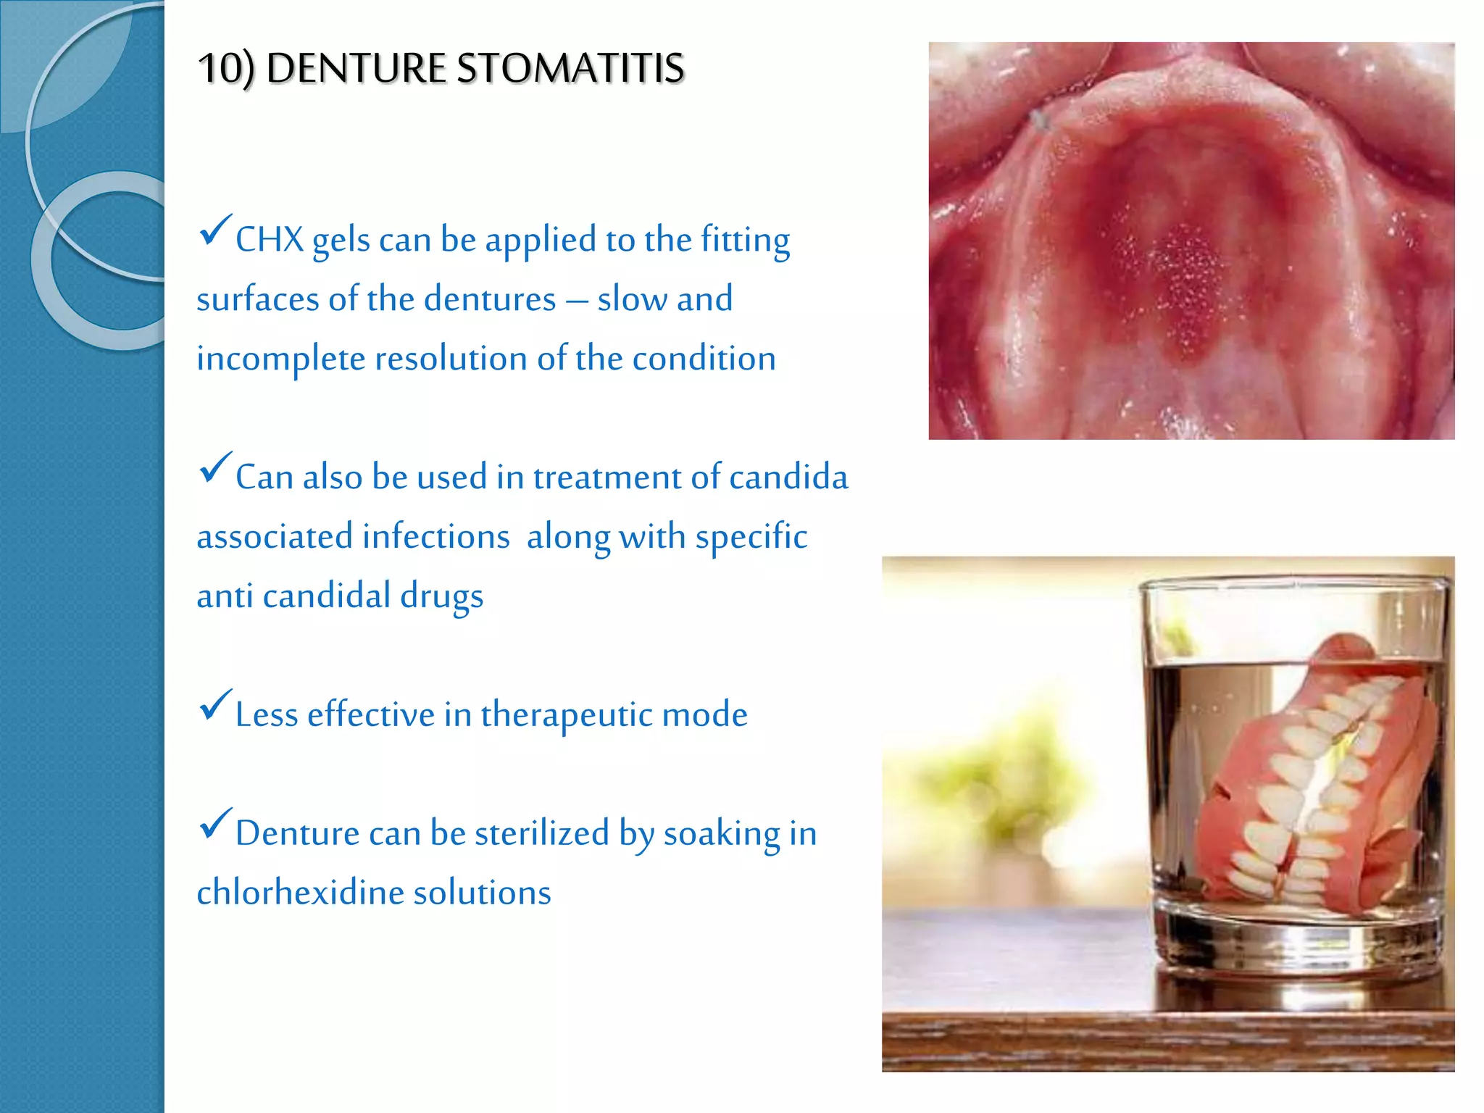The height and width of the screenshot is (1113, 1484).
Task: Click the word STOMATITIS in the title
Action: click(x=570, y=68)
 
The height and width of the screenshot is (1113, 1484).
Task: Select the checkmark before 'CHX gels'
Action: click(x=214, y=230)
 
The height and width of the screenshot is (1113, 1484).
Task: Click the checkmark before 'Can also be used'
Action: click(x=214, y=468)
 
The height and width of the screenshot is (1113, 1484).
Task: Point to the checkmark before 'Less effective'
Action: click(x=214, y=705)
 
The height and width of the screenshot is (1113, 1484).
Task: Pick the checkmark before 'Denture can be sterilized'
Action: click(x=214, y=824)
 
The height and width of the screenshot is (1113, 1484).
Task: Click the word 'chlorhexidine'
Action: click(x=300, y=893)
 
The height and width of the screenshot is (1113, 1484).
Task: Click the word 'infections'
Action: click(x=436, y=537)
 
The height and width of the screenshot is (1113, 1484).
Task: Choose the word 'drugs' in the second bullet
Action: click(x=441, y=596)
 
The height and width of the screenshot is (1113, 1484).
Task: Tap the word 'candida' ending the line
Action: click(x=788, y=478)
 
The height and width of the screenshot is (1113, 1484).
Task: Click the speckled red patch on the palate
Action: click(x=1188, y=290)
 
